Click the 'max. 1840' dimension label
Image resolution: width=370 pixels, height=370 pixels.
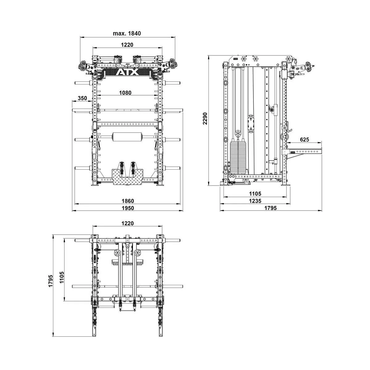point(127,33)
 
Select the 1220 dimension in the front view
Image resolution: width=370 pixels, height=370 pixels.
point(127,45)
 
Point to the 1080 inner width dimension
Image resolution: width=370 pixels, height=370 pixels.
point(125,93)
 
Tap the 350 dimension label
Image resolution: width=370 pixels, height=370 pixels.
point(82,98)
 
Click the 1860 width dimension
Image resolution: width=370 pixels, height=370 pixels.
point(127,201)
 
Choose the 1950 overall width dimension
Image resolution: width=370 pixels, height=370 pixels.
point(127,208)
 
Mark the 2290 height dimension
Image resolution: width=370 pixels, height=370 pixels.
point(205,118)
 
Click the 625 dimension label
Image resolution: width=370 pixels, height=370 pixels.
point(304,140)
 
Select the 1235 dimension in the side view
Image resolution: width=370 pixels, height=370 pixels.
point(255,201)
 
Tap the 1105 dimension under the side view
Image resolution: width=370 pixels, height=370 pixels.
point(255,194)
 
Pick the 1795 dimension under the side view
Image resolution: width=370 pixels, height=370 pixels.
point(270,208)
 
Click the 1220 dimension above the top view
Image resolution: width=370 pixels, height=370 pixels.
point(127,223)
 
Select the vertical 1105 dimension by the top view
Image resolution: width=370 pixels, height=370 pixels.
point(61,277)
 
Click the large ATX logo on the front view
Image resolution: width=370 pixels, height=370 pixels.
point(127,72)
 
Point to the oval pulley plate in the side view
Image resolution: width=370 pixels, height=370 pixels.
point(251,125)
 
